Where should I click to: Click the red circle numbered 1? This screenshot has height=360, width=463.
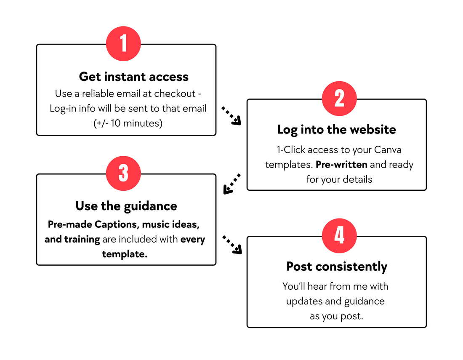(x=123, y=44)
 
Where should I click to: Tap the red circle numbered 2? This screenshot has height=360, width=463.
(x=339, y=99)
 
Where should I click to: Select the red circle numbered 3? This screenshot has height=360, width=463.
(x=123, y=173)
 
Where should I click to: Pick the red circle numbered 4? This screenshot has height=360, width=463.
(x=339, y=236)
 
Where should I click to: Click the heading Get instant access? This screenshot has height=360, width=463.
(x=134, y=77)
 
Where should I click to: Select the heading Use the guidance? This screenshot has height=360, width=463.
(x=126, y=206)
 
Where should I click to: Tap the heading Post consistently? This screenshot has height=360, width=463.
(x=337, y=267)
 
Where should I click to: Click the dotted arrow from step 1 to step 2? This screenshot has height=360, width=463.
(x=231, y=116)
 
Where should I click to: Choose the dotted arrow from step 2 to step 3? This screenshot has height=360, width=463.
(x=232, y=184)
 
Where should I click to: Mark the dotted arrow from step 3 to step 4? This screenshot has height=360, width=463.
(x=232, y=245)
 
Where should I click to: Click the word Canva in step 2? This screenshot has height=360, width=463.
(x=388, y=150)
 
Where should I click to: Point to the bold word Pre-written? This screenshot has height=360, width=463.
(x=342, y=165)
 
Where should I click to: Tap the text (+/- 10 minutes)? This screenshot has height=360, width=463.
(x=128, y=123)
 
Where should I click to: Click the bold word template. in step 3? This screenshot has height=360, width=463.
(x=125, y=254)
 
